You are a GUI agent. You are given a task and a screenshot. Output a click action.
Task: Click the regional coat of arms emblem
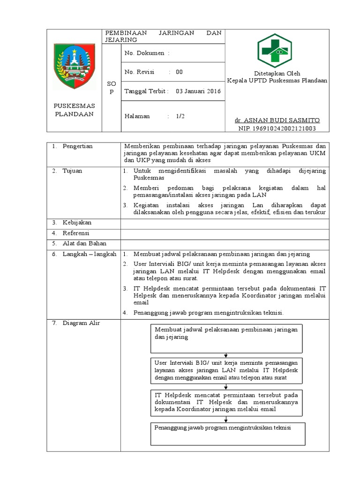pyautogui.click(x=75, y=66)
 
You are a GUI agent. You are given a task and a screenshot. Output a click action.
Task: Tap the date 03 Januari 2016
pyautogui.click(x=198, y=91)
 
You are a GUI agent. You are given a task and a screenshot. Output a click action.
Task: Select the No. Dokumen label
pyautogui.click(x=144, y=53)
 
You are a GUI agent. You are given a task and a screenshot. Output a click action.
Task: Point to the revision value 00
pyautogui.click(x=179, y=72)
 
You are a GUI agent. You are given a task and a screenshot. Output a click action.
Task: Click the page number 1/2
pyautogui.click(x=180, y=116)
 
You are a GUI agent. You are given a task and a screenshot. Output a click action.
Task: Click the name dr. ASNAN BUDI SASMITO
pyautogui.click(x=277, y=120)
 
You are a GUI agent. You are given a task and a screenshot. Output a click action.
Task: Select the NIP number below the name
pyautogui.click(x=277, y=127)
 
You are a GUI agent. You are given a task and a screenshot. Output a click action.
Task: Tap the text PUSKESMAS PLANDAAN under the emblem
pyautogui.click(x=74, y=110)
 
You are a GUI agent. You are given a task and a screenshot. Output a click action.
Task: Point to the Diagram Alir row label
pyautogui.click(x=81, y=323)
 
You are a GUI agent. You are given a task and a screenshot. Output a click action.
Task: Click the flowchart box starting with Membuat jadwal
pyautogui.click(x=227, y=338)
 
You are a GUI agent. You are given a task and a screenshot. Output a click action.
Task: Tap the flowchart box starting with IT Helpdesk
pyautogui.click(x=227, y=402)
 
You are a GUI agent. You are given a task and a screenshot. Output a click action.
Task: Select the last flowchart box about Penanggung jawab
pyautogui.click(x=227, y=433)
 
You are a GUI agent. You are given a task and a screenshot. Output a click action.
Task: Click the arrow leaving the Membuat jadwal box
pyautogui.click(x=227, y=355)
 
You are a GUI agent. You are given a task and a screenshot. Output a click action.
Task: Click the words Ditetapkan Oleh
pyautogui.click(x=277, y=74)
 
